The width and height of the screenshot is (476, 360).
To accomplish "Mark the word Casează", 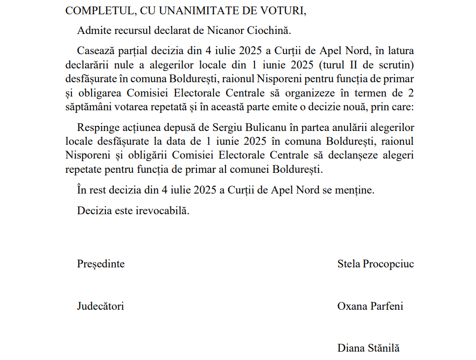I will tap(95, 50).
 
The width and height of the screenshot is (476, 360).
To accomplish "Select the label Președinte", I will tap(101, 263).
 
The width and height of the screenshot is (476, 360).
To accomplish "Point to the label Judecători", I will tap(100, 306).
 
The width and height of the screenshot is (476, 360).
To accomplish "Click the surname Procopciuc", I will tap(388, 263).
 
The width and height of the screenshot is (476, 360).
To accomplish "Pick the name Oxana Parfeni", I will tap(370, 306).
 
